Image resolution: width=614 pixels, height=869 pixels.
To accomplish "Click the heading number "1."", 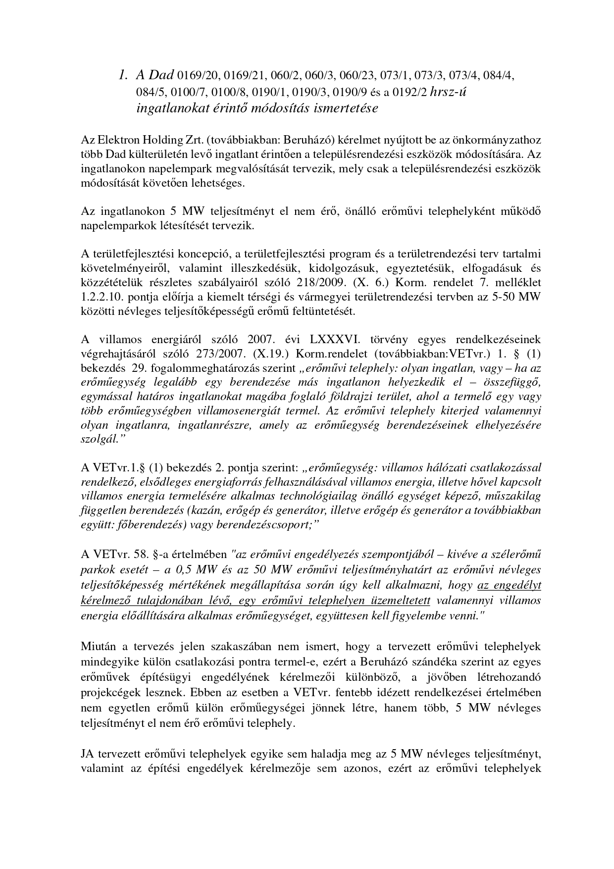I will (123, 75).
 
